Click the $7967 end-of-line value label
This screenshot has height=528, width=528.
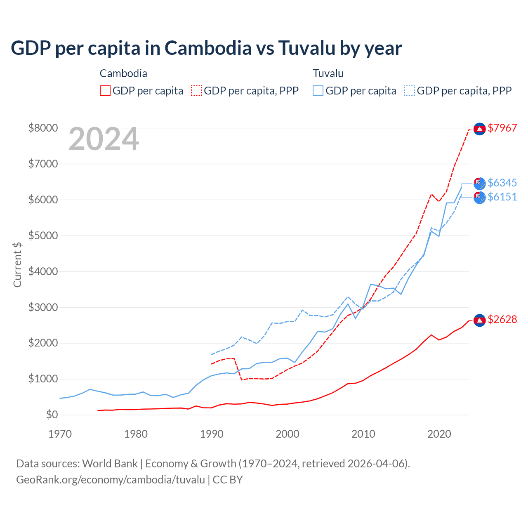pyautogui.click(x=502, y=128)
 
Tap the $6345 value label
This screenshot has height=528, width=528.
pyautogui.click(x=502, y=183)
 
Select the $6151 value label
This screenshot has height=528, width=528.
pyautogui.click(x=502, y=197)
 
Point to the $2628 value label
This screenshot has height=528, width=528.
pyautogui.click(x=502, y=319)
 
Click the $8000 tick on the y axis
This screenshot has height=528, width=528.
pyautogui.click(x=43, y=128)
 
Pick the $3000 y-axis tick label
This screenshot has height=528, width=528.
pyautogui.click(x=43, y=307)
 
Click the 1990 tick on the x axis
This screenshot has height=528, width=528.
pyautogui.click(x=212, y=434)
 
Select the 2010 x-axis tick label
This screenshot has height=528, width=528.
pyautogui.click(x=363, y=434)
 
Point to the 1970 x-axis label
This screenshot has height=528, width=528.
pyautogui.click(x=60, y=434)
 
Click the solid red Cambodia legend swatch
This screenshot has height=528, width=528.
pyautogui.click(x=105, y=91)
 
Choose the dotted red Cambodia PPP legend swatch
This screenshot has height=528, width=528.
pyautogui.click(x=196, y=91)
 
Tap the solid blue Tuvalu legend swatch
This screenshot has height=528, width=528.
pyautogui.click(x=318, y=91)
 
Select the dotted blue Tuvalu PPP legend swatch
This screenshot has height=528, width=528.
pyautogui.click(x=410, y=91)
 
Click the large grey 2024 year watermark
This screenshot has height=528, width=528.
pyautogui.click(x=104, y=139)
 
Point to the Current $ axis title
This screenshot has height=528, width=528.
pyautogui.click(x=17, y=264)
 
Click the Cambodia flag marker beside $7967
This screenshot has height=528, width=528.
pyautogui.click(x=479, y=129)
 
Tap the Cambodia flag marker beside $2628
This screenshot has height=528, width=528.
pyautogui.click(x=479, y=320)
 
